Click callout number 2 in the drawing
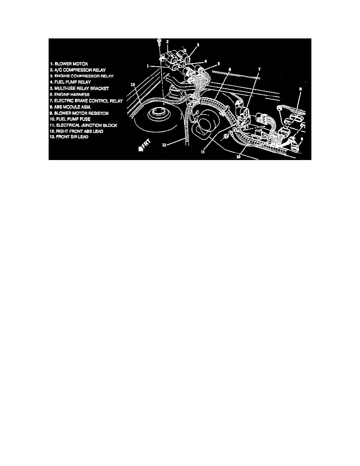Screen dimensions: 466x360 click(x=167, y=42)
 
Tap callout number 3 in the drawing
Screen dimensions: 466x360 click(x=198, y=45)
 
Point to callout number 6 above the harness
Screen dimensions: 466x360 click(x=230, y=69)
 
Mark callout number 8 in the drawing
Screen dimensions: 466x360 click(x=300, y=89)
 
